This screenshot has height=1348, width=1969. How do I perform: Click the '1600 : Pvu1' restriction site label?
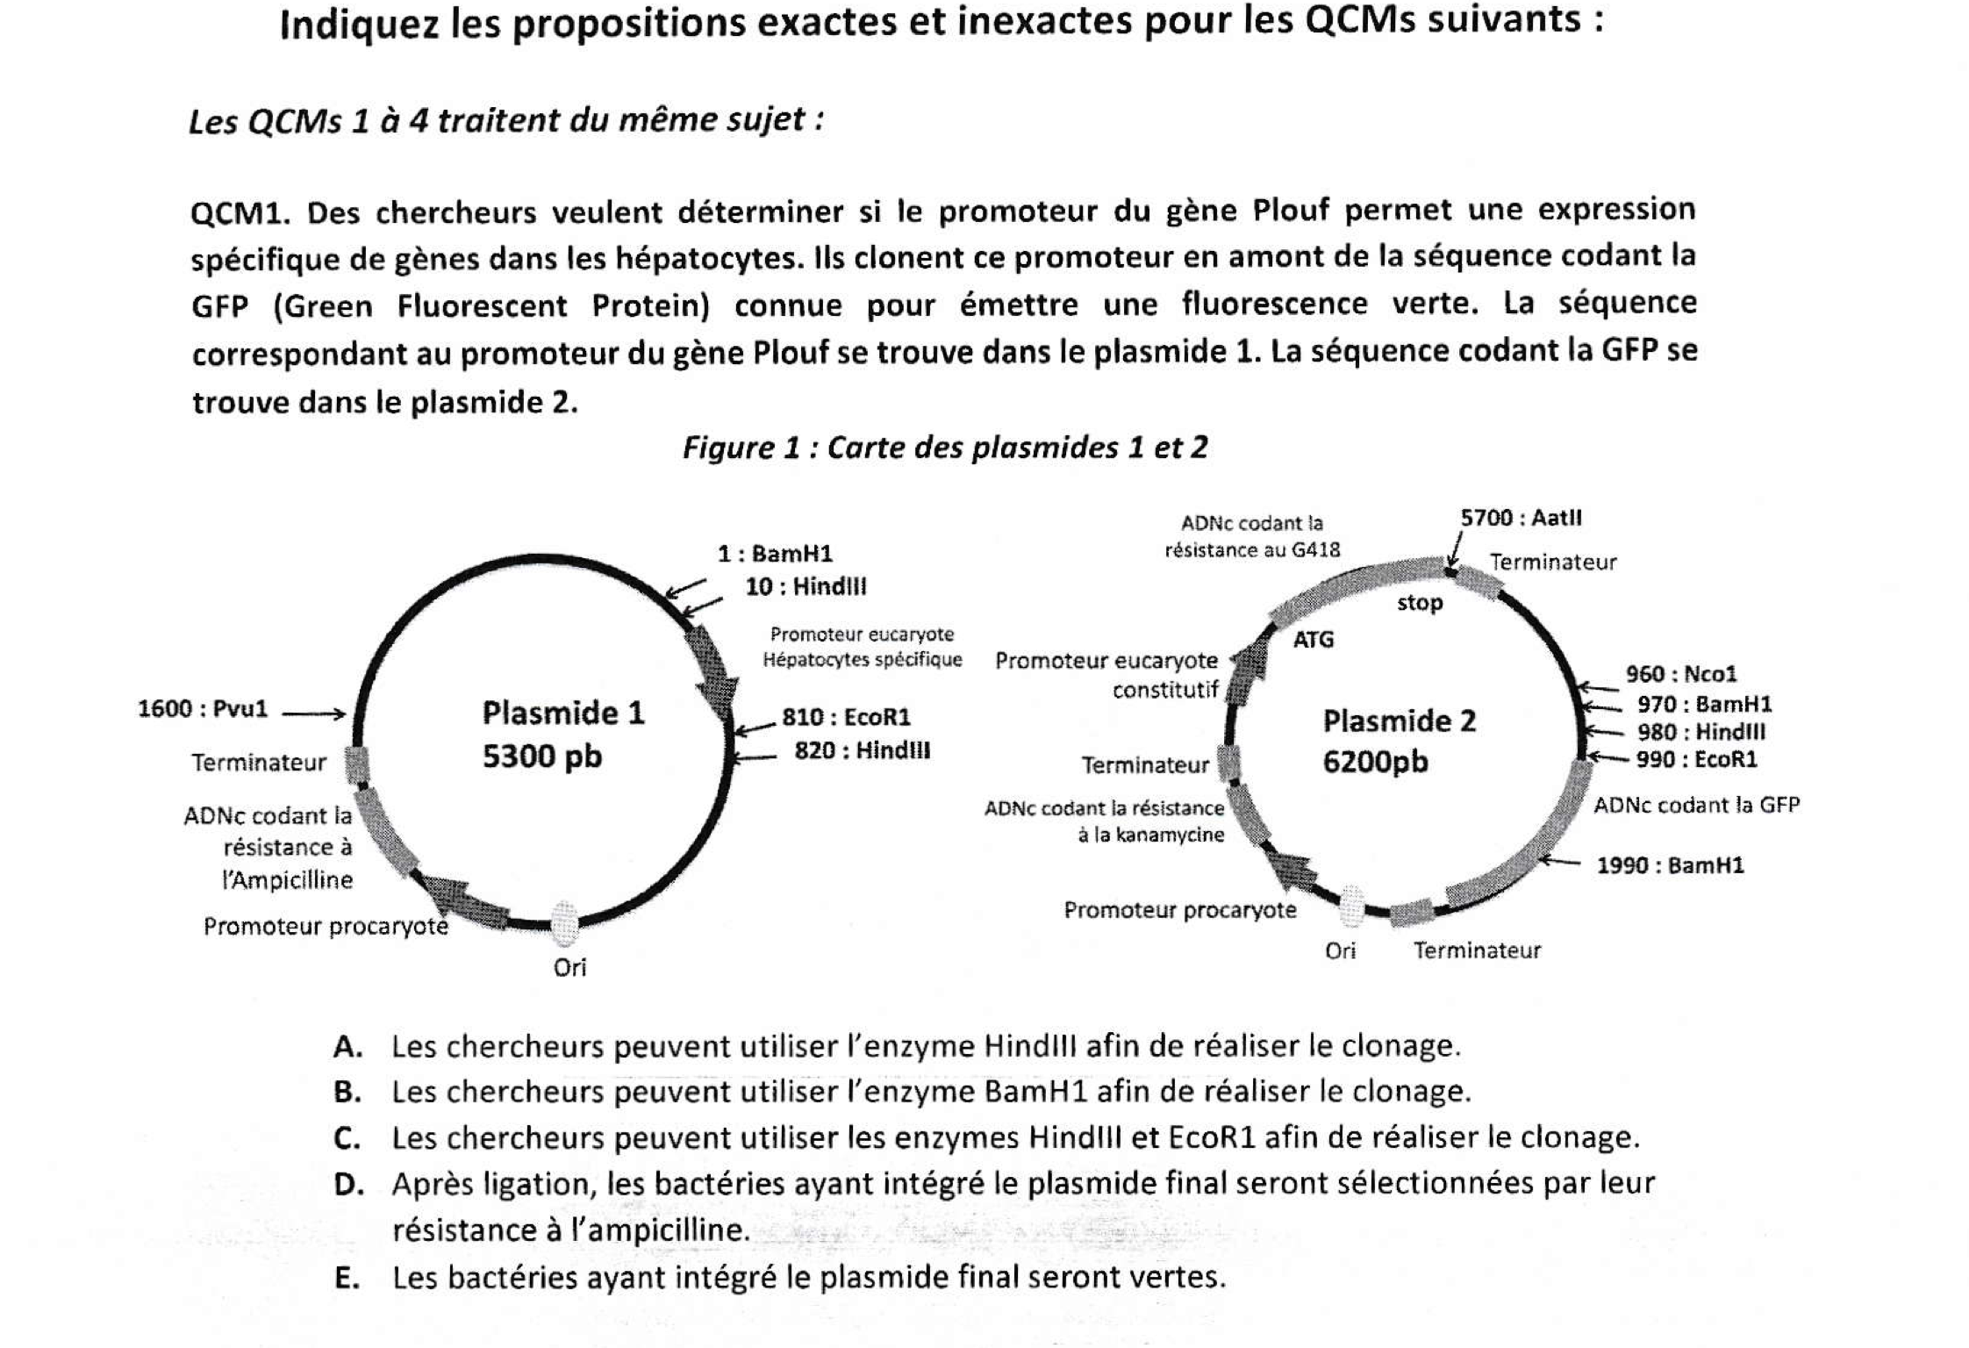tap(203, 709)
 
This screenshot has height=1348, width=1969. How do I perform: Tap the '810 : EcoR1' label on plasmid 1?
tap(846, 718)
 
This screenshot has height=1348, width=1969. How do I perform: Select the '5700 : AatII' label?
tap(1521, 518)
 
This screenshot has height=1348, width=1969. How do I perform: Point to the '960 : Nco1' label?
tap(1681, 674)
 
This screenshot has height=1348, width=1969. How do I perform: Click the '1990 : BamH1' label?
tap(1670, 865)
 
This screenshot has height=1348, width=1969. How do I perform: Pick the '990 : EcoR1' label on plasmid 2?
tap(1696, 759)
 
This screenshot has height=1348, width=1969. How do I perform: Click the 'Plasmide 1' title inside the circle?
tap(563, 713)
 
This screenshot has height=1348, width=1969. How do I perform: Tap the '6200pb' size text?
tap(1375, 762)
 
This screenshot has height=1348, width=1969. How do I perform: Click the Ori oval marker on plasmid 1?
tap(564, 923)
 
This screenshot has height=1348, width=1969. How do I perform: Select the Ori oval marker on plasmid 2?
tap(1352, 906)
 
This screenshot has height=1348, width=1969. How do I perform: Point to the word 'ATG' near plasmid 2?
tap(1313, 640)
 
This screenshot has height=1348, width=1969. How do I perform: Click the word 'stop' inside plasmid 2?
tap(1420, 603)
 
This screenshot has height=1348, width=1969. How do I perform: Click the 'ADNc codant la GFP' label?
tap(1696, 805)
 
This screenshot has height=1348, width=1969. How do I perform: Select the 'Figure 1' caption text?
tap(945, 448)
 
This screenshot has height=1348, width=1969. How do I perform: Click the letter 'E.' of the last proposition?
tap(347, 1278)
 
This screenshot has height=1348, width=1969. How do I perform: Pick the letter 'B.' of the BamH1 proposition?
tap(347, 1092)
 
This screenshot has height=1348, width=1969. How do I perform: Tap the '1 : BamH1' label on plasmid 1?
tap(775, 554)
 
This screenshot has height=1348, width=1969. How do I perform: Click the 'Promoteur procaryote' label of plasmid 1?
tap(326, 927)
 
